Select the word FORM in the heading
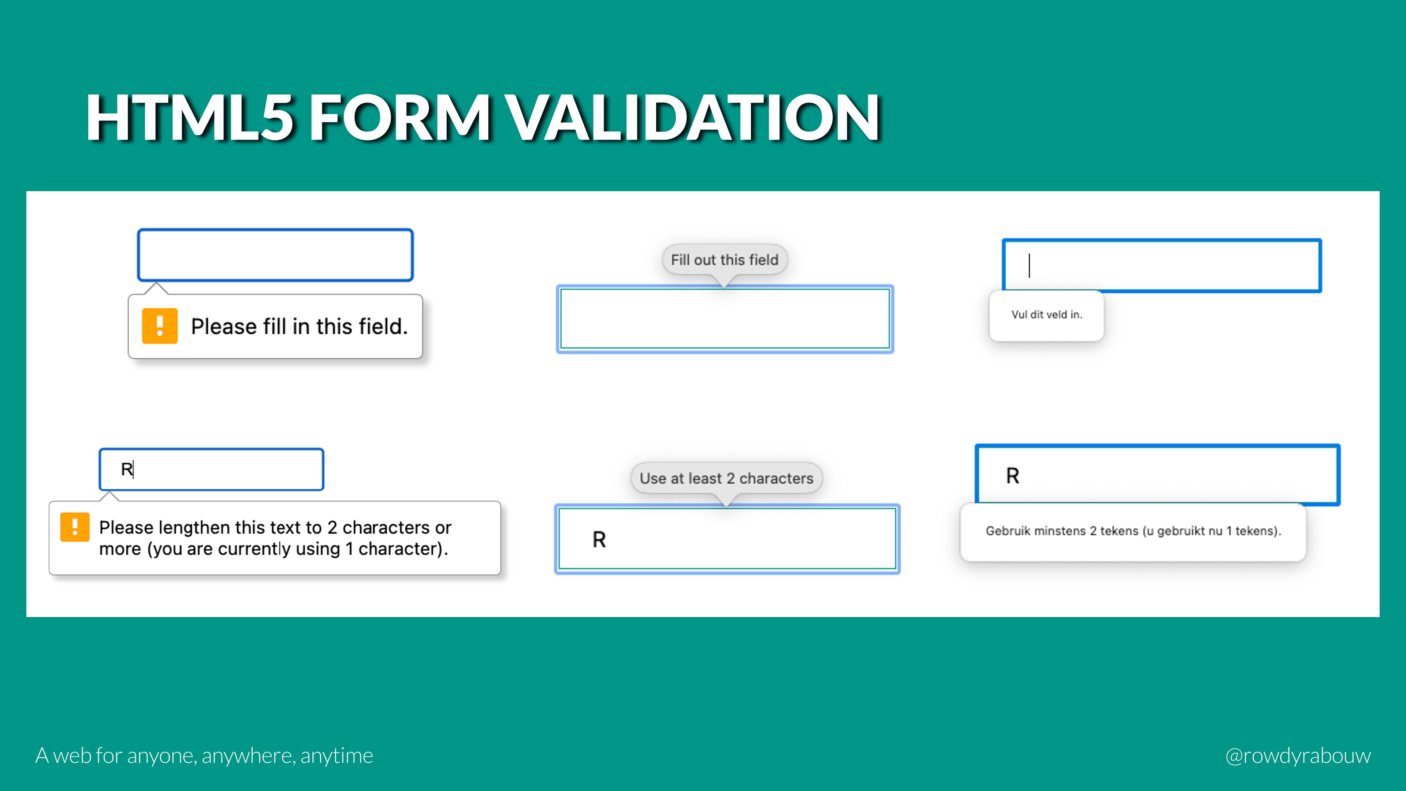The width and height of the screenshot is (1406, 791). click(x=399, y=117)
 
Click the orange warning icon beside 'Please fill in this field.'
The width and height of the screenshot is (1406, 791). click(x=159, y=326)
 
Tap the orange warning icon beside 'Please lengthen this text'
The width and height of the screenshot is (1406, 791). click(x=75, y=527)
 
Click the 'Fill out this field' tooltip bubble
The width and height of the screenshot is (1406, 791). click(x=724, y=260)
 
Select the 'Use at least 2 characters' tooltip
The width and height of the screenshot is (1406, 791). click(x=726, y=478)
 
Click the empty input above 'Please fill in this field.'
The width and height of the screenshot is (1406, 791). click(x=275, y=255)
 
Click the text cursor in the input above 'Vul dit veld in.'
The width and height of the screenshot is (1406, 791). click(x=1029, y=266)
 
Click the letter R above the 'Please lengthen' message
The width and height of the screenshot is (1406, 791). click(x=126, y=469)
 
